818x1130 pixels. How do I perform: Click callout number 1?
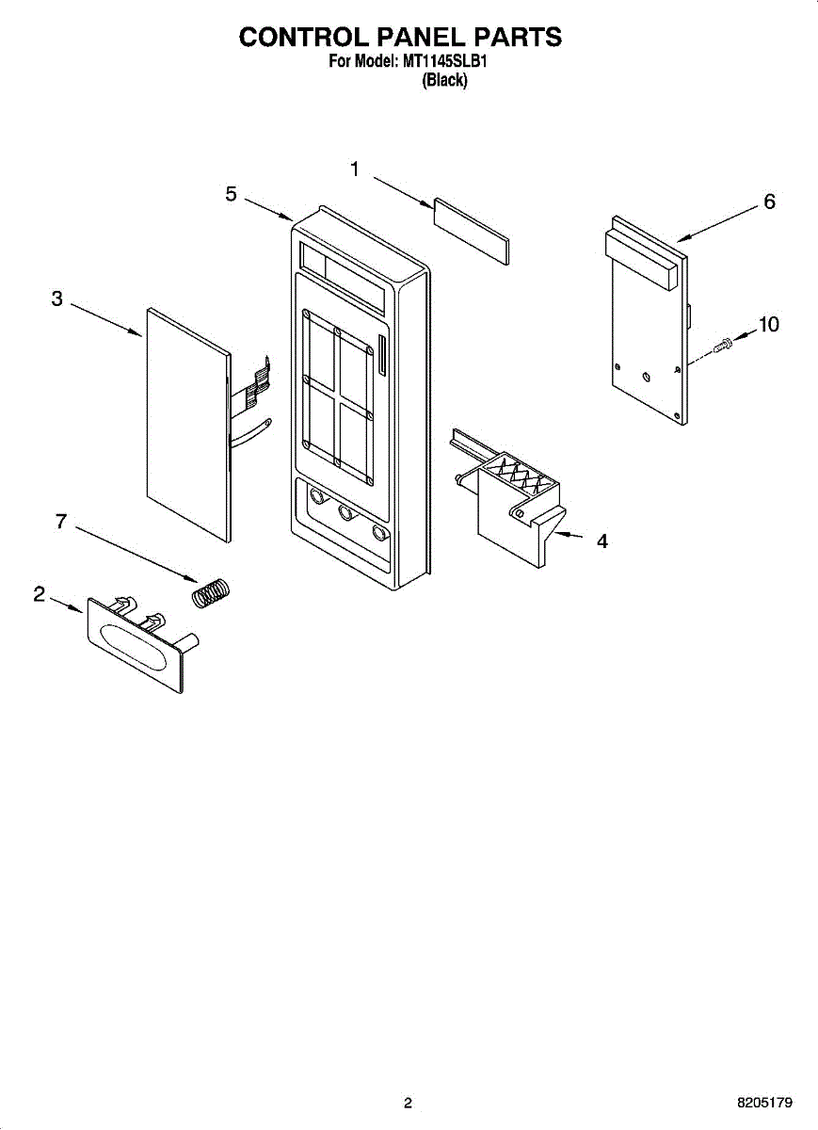pyautogui.click(x=355, y=169)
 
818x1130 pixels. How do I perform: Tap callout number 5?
pyautogui.click(x=231, y=194)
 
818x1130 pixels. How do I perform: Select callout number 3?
pyautogui.click(x=57, y=299)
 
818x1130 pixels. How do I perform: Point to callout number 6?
pyautogui.click(x=769, y=202)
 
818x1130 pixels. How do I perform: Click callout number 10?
pyautogui.click(x=769, y=325)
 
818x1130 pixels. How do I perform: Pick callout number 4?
pyautogui.click(x=601, y=541)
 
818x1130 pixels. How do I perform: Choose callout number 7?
pyautogui.click(x=61, y=521)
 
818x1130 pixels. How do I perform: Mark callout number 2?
pyautogui.click(x=40, y=594)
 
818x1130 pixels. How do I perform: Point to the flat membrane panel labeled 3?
pyautogui.click(x=188, y=424)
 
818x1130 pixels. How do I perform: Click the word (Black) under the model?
pyautogui.click(x=443, y=81)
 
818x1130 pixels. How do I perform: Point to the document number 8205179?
pyautogui.click(x=764, y=1103)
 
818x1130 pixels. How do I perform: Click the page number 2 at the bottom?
pyautogui.click(x=408, y=1103)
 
